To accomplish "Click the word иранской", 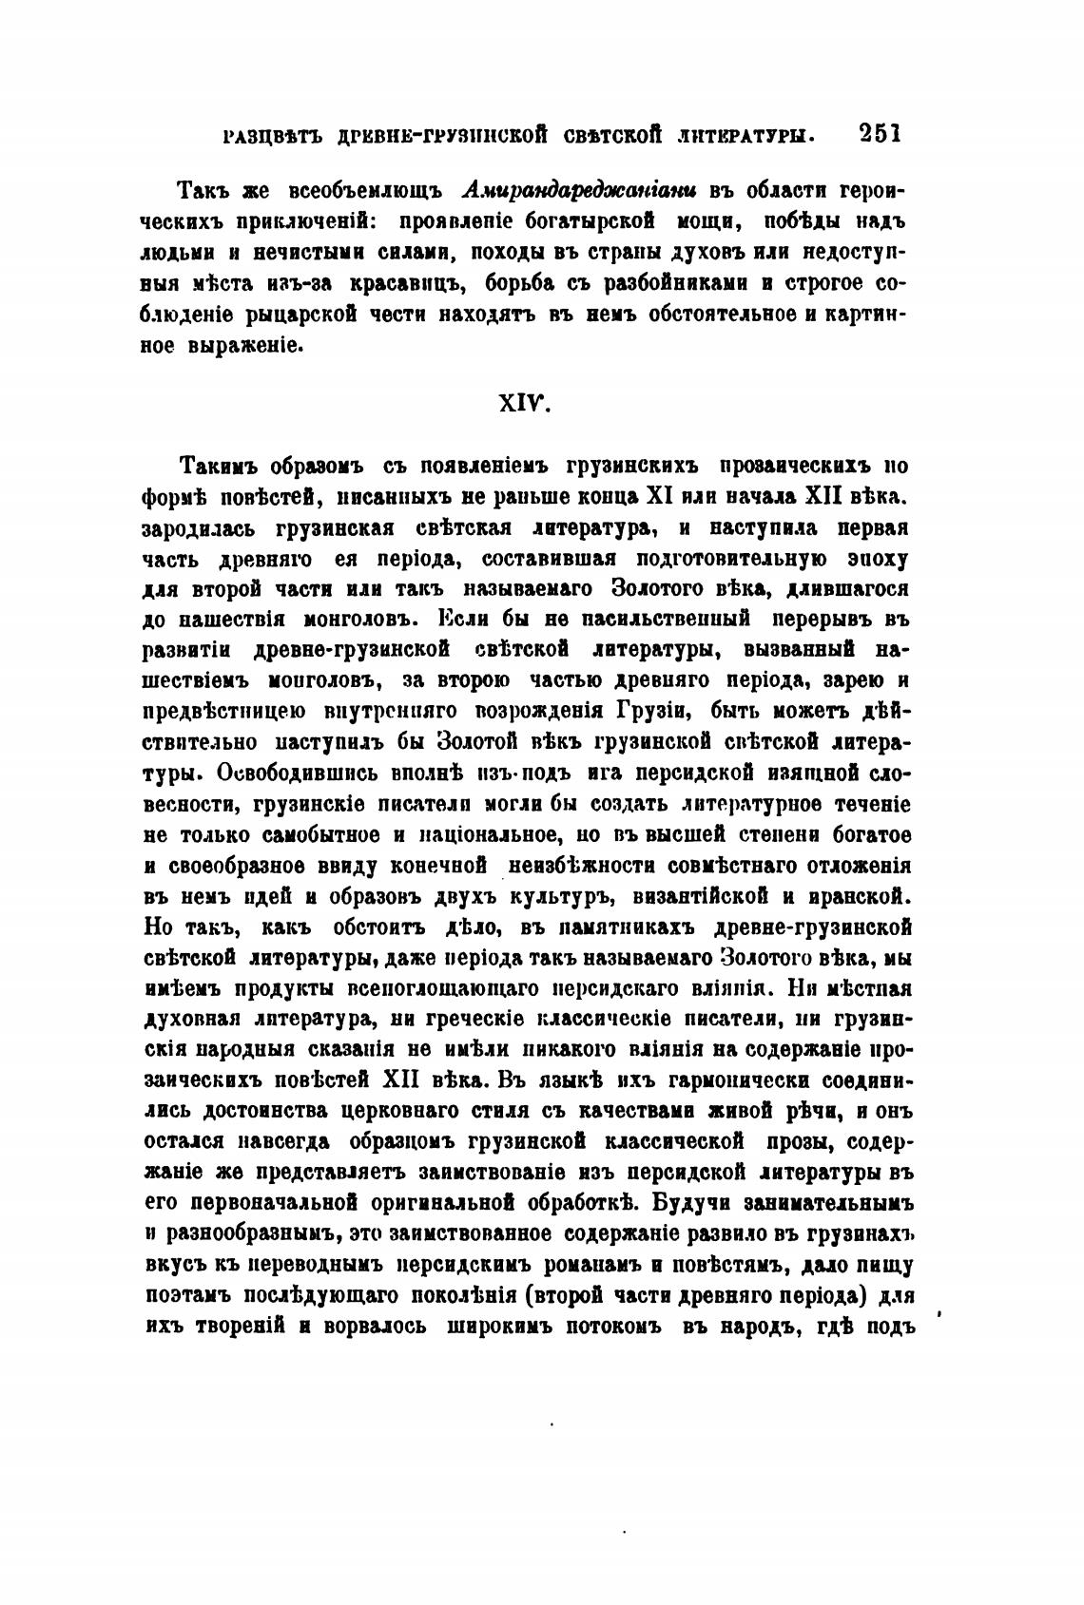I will pos(859,896).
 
